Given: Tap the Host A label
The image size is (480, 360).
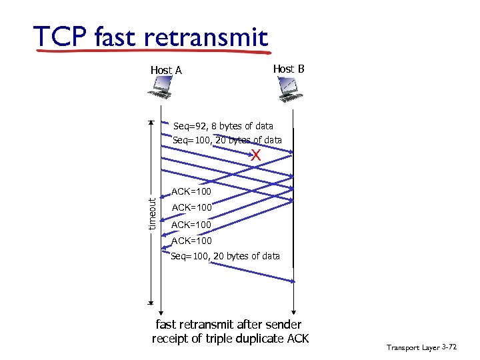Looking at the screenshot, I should point(166,70).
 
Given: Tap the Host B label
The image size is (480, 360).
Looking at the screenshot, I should point(289,69).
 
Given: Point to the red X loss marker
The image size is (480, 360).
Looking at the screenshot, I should point(255,156).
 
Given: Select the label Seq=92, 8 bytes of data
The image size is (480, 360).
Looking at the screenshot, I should point(223,126).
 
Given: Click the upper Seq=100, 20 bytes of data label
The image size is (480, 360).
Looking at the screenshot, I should point(227,140).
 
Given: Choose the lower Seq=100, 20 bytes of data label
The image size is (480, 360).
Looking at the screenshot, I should point(225,256).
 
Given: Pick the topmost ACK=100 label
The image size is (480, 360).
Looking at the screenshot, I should point(191,192).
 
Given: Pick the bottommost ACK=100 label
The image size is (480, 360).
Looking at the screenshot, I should point(191,241).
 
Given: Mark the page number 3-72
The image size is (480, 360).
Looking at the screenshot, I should point(449,347).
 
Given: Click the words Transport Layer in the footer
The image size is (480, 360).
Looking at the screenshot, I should point(412,347).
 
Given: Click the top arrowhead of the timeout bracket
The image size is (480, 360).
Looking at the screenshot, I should point(152,123).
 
